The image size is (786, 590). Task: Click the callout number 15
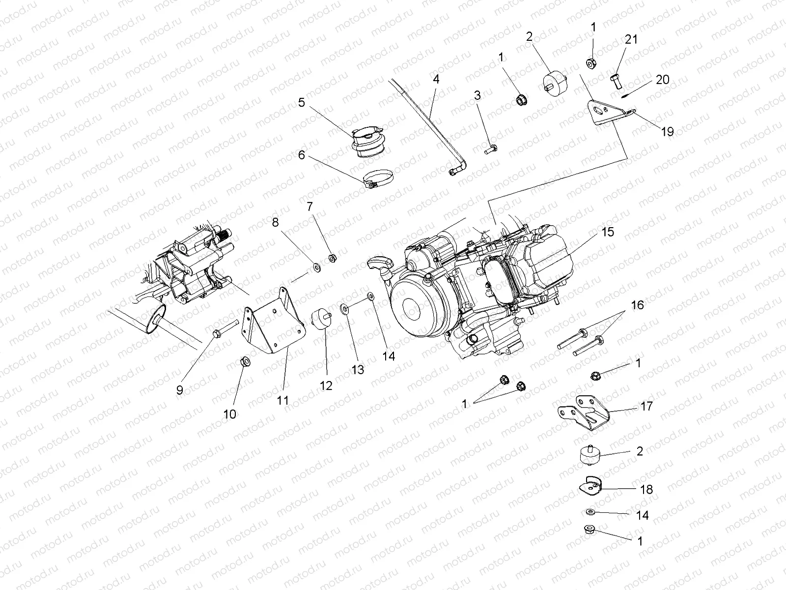[608, 232]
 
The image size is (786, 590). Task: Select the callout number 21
[631, 39]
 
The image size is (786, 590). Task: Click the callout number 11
[282, 400]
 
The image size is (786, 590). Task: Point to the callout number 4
[436, 79]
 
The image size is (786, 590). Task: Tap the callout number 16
[637, 305]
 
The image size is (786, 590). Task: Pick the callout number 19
[667, 131]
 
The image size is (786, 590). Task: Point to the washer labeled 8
[317, 268]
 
